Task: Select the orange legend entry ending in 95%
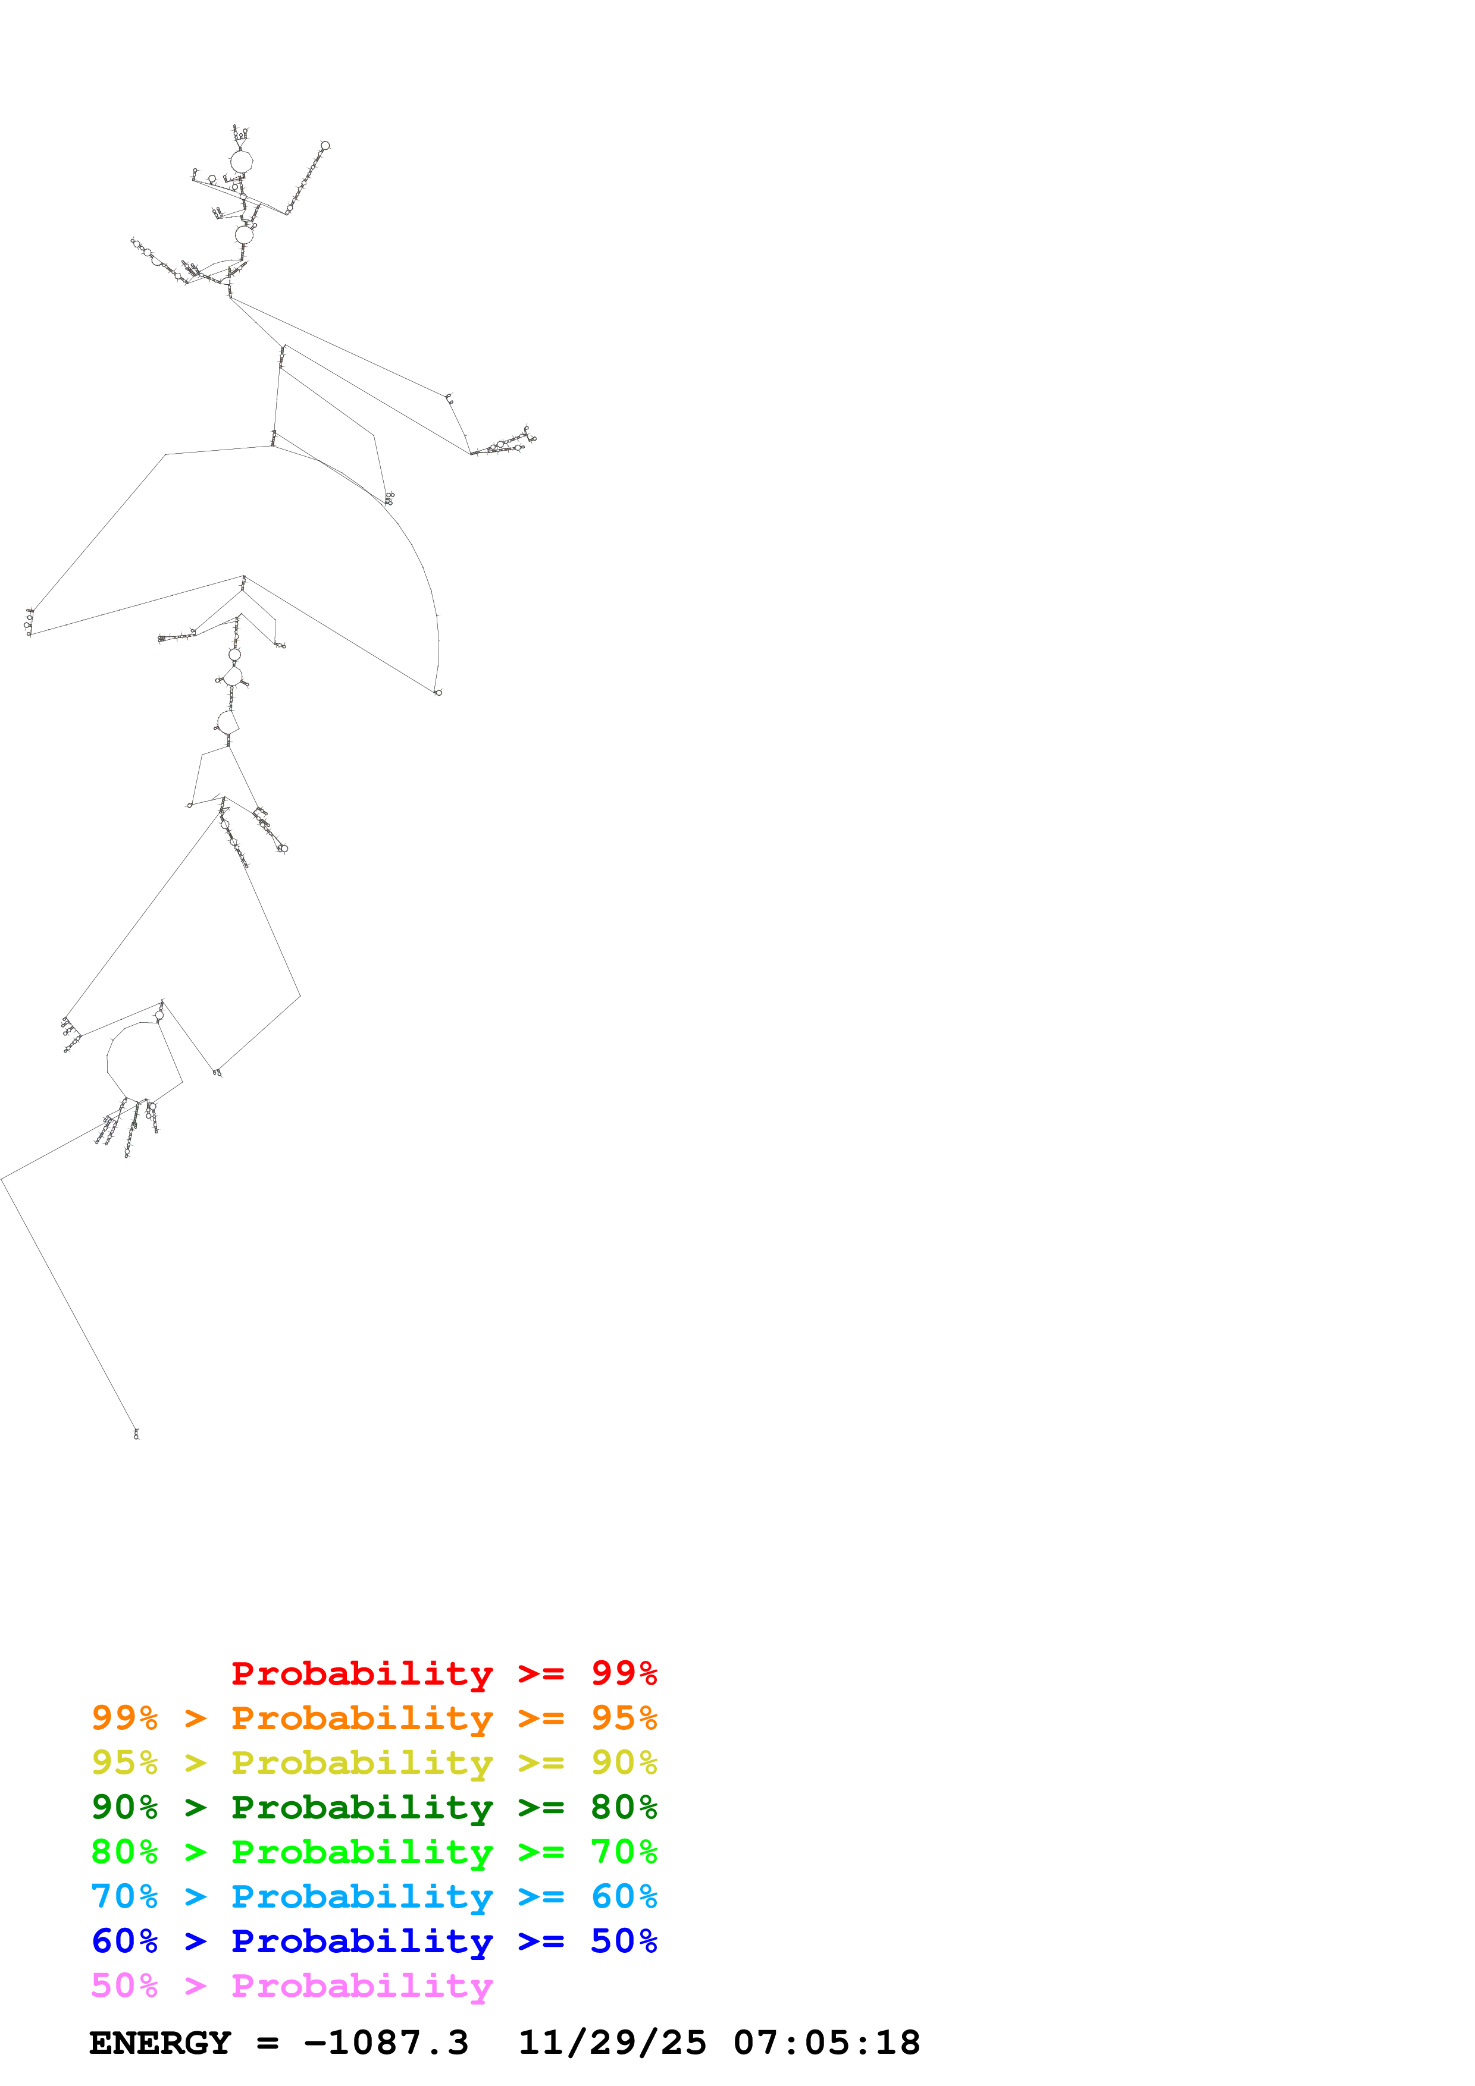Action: point(374,1718)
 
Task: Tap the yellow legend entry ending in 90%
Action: point(374,1763)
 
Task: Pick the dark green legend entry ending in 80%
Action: point(374,1807)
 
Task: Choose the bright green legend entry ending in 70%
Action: point(374,1852)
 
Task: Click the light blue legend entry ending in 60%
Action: point(374,1896)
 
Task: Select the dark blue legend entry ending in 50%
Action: point(374,1941)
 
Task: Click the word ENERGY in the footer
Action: point(160,2043)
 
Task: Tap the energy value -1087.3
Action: point(386,2043)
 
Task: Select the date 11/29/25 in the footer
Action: point(612,2043)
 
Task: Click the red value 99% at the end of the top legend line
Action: point(624,1673)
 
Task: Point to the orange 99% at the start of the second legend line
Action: point(124,1718)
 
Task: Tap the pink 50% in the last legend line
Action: point(124,1985)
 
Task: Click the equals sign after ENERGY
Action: point(267,2043)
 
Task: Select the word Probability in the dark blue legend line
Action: point(362,1941)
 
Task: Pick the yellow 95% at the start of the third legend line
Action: point(124,1763)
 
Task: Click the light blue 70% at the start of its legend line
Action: point(124,1896)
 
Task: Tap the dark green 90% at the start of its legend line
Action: point(124,1807)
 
